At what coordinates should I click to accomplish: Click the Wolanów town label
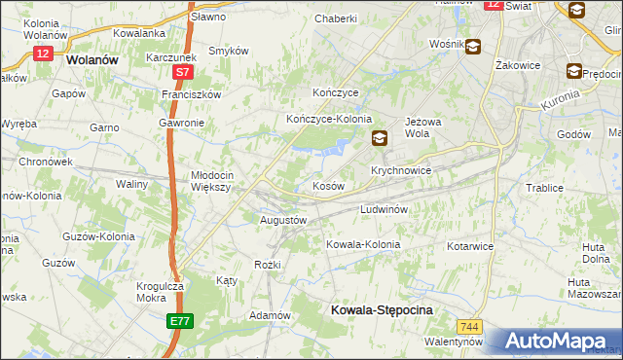tap(94, 58)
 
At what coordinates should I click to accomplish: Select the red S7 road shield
tap(183, 72)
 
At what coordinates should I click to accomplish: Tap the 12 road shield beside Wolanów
tap(42, 54)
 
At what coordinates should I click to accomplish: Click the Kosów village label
tap(328, 185)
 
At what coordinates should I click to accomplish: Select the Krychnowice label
tap(399, 169)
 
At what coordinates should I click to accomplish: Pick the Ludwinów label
tap(389, 209)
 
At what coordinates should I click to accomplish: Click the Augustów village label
tap(283, 220)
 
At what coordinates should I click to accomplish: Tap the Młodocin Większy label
tap(209, 181)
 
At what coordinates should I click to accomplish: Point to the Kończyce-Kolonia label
tap(329, 119)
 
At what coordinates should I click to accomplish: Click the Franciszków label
tap(192, 94)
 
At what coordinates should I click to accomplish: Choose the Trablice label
tap(545, 188)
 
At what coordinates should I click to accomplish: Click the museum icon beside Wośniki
tap(473, 45)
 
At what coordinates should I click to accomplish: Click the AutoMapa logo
tap(555, 342)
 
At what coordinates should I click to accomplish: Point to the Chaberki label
tap(336, 18)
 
